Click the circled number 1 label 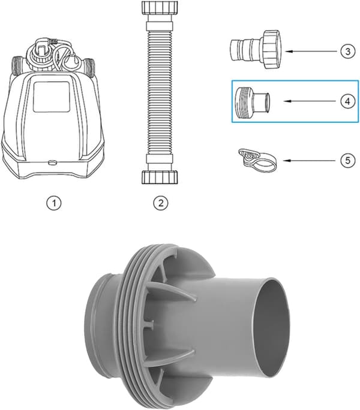click(54, 203)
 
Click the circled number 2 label click(160, 203)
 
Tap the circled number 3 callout click(347, 52)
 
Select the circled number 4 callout click(347, 101)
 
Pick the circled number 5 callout click(347, 160)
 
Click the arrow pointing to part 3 click(311, 52)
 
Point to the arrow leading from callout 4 click(311, 101)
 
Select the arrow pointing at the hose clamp click(309, 160)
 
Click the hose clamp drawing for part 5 click(257, 160)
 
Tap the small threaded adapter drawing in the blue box click(252, 103)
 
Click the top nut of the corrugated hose click(160, 8)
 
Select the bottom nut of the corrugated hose click(160, 177)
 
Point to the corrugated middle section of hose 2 click(159, 92)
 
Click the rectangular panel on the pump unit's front click(52, 97)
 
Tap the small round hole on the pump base click(52, 162)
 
